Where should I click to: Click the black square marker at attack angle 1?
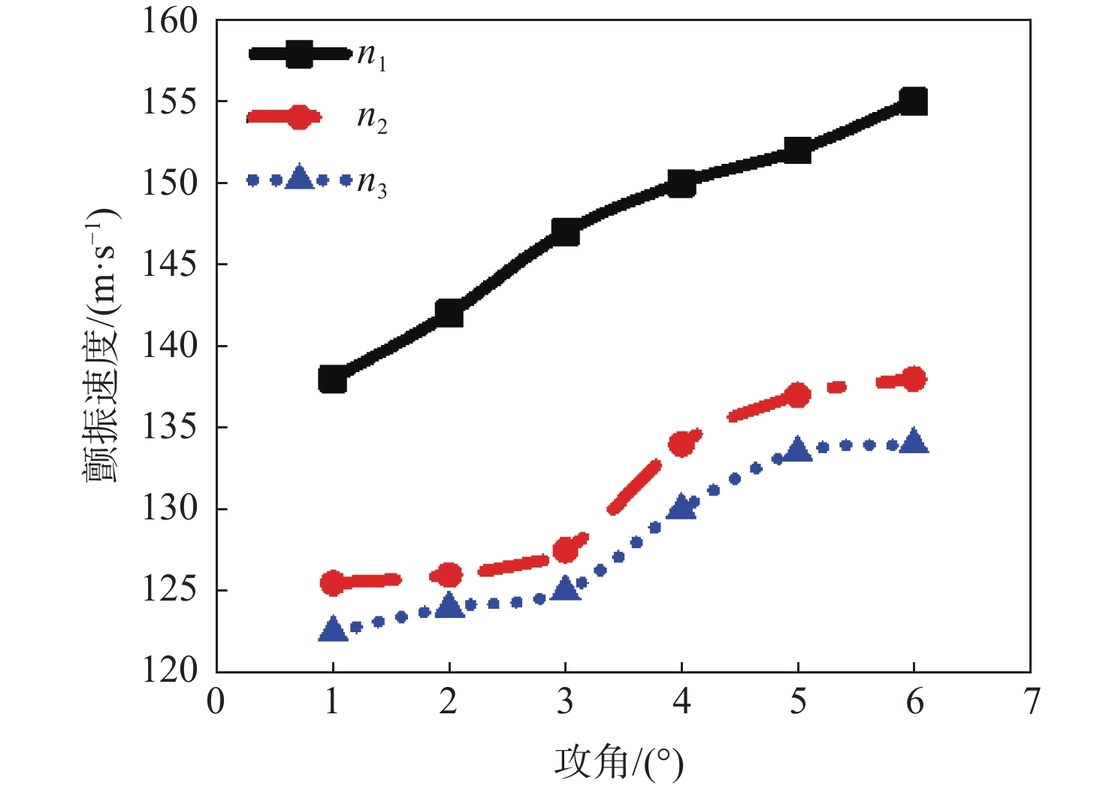click(x=333, y=380)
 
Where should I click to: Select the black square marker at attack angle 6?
click(x=914, y=101)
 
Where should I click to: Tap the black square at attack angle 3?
click(x=565, y=232)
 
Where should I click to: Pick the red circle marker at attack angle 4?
click(x=682, y=444)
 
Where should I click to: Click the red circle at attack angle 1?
click(x=333, y=583)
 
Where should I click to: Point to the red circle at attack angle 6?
click(x=914, y=380)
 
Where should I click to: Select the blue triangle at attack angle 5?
click(x=797, y=449)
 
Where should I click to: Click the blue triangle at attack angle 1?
click(x=333, y=630)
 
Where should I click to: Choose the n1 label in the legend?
click(x=372, y=56)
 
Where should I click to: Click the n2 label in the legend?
click(x=372, y=119)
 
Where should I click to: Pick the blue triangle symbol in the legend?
click(x=300, y=178)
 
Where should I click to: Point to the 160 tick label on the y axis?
click(x=171, y=21)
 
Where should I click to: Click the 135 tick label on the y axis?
click(x=171, y=427)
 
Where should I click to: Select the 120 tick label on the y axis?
click(x=171, y=670)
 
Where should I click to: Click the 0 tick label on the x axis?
click(x=216, y=702)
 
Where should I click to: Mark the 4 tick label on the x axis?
click(x=681, y=702)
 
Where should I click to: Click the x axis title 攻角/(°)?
click(x=619, y=763)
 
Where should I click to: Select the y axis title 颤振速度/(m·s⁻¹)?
click(x=101, y=346)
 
